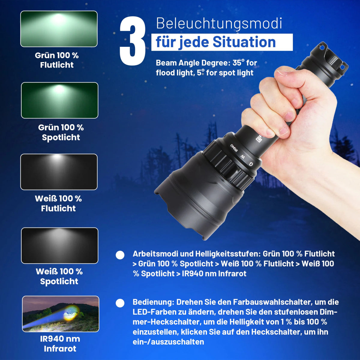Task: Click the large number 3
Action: coord(133,41)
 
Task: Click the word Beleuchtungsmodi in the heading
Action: coord(219,24)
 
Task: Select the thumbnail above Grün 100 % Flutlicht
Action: coord(59,29)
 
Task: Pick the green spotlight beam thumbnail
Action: coord(59,100)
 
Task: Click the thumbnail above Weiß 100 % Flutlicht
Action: coord(59,172)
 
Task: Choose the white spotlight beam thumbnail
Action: coord(59,245)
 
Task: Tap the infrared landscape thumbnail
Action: coord(60,314)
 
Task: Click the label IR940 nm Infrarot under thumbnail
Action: coord(60,344)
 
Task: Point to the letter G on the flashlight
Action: coord(250,163)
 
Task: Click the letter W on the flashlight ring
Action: coord(242,157)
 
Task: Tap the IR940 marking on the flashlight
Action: coord(234,148)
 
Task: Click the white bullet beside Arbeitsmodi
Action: coord(120,255)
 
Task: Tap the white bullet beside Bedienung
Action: coord(120,303)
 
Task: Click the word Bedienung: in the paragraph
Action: coord(153,302)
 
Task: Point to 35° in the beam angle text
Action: coord(238,63)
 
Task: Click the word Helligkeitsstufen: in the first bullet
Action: coord(228,254)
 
